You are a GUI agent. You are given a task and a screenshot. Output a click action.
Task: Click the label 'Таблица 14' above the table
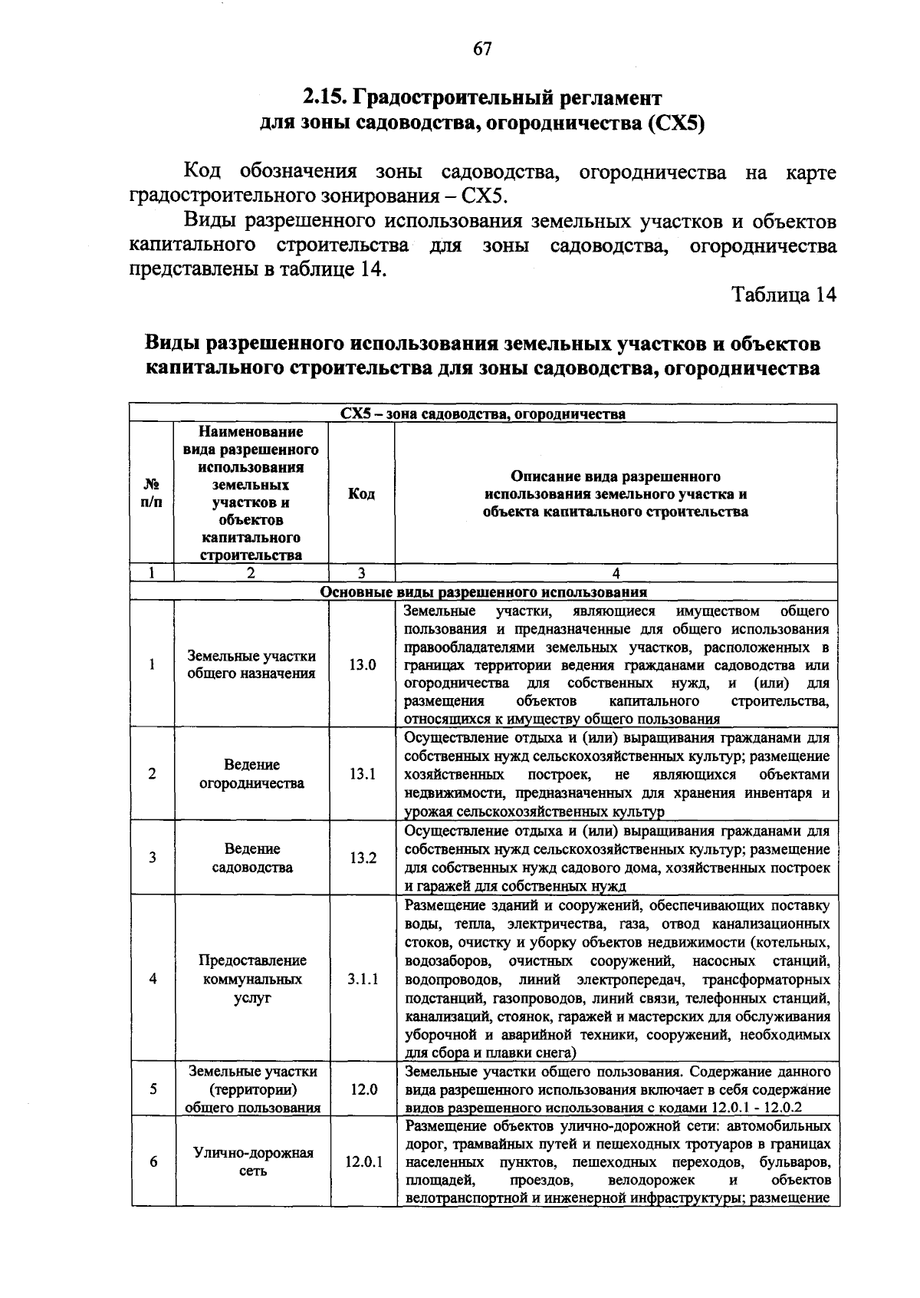click(784, 295)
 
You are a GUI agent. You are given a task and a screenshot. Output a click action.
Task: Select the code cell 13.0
click(362, 664)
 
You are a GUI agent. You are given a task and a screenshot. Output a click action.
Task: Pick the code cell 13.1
click(362, 774)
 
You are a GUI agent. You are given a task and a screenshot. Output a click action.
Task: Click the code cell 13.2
click(362, 858)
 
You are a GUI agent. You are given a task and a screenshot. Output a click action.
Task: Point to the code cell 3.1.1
click(362, 979)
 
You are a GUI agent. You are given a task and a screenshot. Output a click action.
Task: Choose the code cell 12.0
click(362, 1089)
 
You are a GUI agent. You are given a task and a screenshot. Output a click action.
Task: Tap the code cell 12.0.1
click(362, 1161)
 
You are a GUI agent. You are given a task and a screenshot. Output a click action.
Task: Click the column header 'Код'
click(361, 493)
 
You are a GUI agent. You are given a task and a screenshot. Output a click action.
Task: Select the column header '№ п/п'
click(153, 493)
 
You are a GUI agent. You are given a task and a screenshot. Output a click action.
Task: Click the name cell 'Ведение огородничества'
click(251, 774)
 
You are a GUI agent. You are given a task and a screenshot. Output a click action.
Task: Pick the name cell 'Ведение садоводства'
click(251, 858)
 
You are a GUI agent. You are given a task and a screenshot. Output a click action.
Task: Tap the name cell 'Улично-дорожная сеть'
click(251, 1161)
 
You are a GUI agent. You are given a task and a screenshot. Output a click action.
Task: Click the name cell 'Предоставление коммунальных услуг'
click(251, 979)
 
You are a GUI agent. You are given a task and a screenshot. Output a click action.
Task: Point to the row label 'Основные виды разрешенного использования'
click(483, 592)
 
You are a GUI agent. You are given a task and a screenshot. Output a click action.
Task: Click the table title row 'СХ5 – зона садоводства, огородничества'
click(483, 414)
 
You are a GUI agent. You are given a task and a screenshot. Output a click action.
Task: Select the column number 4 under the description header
click(616, 573)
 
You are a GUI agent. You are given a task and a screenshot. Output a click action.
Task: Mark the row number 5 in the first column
click(153, 1089)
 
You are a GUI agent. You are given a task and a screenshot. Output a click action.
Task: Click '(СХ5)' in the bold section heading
click(675, 123)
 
